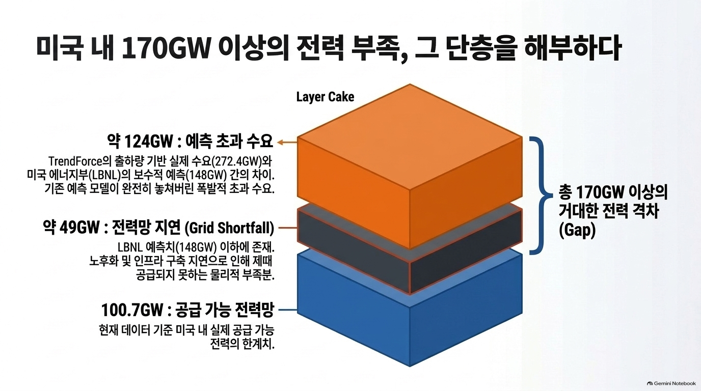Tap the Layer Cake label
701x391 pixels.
point(325,97)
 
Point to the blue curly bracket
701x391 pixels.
point(540,195)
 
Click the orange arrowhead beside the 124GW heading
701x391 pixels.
point(281,143)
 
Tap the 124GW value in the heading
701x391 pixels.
point(149,142)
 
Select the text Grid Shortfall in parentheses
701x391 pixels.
point(229,228)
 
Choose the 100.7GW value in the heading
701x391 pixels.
point(132,310)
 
